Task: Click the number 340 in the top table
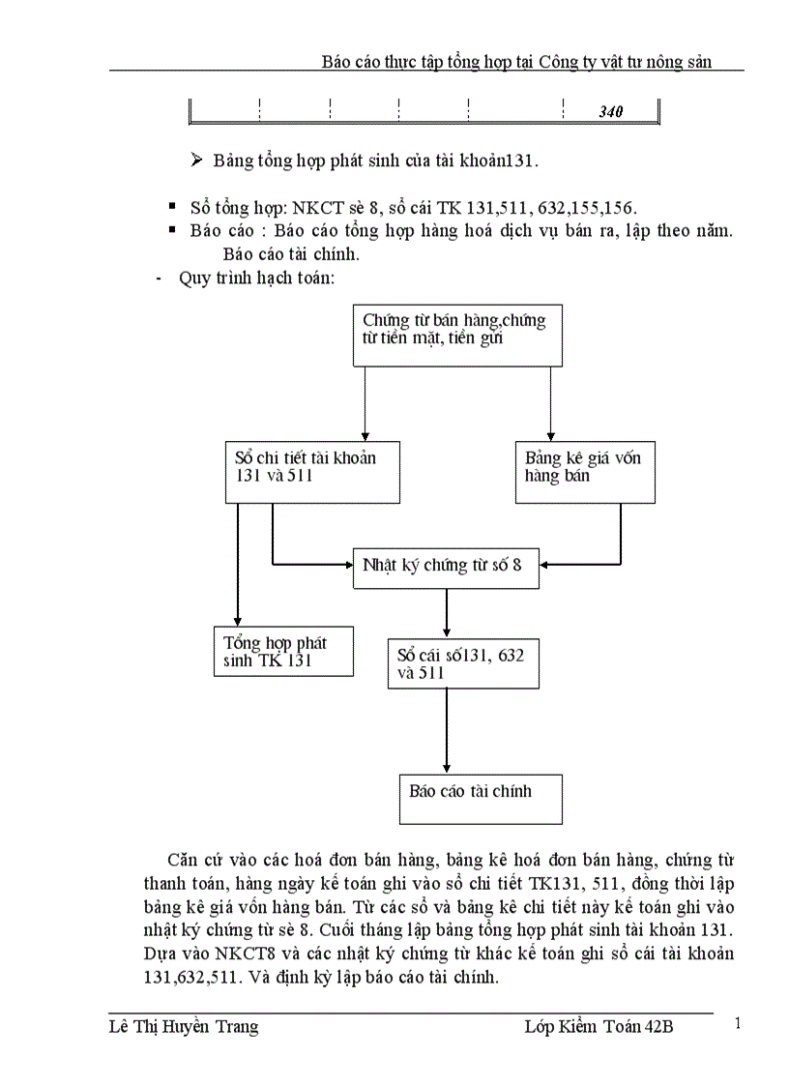[x=610, y=111]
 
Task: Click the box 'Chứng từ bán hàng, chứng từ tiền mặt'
[x=457, y=335]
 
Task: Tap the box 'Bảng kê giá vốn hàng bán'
[x=584, y=473]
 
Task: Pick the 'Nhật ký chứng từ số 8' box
[x=445, y=567]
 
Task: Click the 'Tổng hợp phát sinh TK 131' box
[x=283, y=652]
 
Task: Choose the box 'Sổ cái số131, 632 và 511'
[x=463, y=663]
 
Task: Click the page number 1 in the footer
[x=739, y=1023]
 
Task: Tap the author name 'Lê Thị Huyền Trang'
[x=184, y=1027]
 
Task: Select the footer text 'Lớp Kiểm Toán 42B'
[x=592, y=1027]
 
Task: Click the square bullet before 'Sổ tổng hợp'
[x=172, y=206]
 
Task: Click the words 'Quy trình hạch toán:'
[x=257, y=279]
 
